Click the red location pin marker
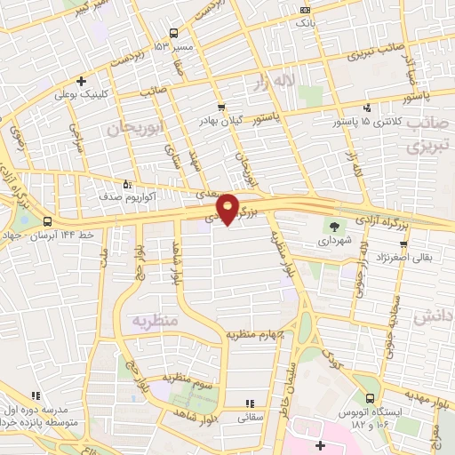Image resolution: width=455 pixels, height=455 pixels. [228, 207]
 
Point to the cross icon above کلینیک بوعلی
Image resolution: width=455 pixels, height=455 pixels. [81, 80]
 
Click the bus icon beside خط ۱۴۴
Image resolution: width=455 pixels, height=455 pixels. [46, 222]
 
